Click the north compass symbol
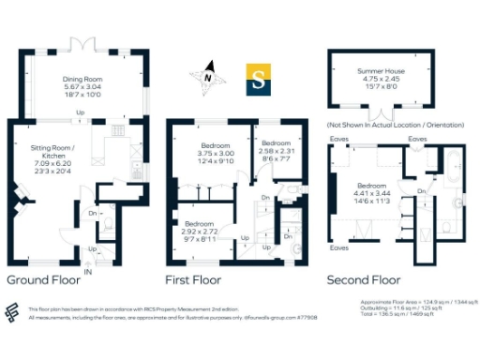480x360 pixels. point(208,80)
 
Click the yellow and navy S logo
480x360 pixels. point(259,81)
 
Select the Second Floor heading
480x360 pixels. point(363,279)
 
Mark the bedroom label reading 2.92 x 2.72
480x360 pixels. point(200,230)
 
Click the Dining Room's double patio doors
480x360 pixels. point(82,44)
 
